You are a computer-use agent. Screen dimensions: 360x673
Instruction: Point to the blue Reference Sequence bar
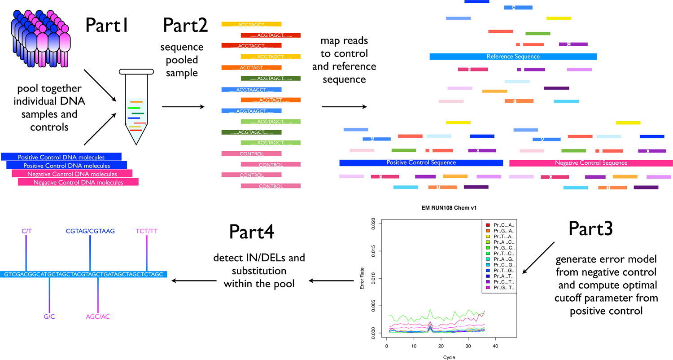[513, 57]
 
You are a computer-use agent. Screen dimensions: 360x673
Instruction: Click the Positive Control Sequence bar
[421, 162]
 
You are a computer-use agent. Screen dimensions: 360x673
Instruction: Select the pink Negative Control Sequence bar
[591, 163]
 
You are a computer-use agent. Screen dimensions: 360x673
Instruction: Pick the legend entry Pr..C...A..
[503, 224]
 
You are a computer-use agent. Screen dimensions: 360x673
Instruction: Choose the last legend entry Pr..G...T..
[503, 287]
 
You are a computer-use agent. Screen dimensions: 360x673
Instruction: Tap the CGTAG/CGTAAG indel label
[90, 231]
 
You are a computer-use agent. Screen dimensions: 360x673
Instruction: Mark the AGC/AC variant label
[98, 317]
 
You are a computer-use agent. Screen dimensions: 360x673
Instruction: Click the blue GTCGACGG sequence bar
[84, 274]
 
